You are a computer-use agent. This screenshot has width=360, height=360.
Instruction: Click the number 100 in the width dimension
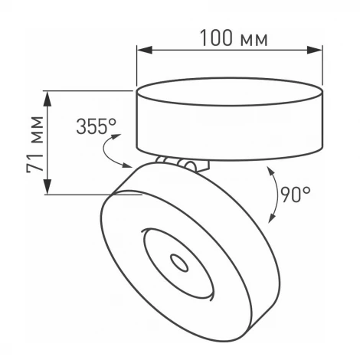click(217, 38)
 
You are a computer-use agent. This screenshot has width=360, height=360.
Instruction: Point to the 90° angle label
click(295, 195)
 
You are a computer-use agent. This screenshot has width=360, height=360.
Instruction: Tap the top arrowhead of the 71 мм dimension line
click(47, 96)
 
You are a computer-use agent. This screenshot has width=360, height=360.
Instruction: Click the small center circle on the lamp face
click(181, 263)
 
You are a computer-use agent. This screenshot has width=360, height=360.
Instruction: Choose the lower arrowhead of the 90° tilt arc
click(270, 219)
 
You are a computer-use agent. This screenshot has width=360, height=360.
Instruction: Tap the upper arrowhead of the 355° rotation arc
click(117, 136)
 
